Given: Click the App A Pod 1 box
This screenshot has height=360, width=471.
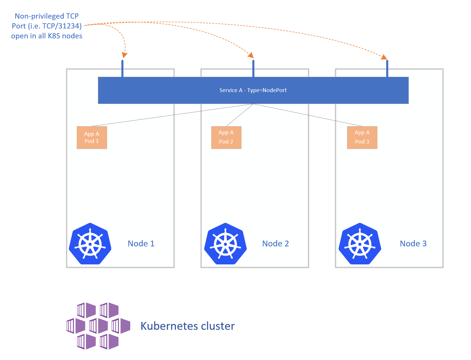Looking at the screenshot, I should pyautogui.click(x=92, y=137).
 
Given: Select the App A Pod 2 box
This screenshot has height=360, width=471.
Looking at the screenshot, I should pyautogui.click(x=226, y=137).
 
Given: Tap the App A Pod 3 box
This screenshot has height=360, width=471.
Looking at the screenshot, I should pyautogui.click(x=362, y=137).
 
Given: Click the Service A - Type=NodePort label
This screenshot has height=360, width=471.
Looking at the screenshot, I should pyautogui.click(x=253, y=90).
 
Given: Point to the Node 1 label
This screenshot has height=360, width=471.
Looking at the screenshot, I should pyautogui.click(x=141, y=243).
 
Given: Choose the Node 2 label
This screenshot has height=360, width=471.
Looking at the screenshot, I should pyautogui.click(x=276, y=243).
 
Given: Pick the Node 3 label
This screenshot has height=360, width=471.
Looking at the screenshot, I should pyautogui.click(x=413, y=243).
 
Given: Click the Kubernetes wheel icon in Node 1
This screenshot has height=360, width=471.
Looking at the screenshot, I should pyautogui.click(x=90, y=244).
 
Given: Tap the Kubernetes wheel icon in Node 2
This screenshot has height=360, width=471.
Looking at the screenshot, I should pyautogui.click(x=225, y=244).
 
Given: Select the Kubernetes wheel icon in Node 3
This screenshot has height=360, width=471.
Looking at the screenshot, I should pyautogui.click(x=360, y=244).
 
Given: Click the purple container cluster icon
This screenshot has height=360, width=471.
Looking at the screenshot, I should pyautogui.click(x=98, y=326).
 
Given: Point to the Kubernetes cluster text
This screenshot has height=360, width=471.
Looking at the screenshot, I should pyautogui.click(x=188, y=326).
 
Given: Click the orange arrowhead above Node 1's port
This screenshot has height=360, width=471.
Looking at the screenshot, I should pyautogui.click(x=124, y=55).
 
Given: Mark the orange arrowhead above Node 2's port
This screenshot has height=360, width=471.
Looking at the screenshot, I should pyautogui.click(x=251, y=55).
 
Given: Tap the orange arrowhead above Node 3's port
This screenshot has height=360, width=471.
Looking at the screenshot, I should pyautogui.click(x=384, y=57).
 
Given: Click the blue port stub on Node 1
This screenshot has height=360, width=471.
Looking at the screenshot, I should pyautogui.click(x=123, y=68).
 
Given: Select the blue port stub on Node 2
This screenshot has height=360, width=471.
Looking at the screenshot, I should pyautogui.click(x=254, y=68).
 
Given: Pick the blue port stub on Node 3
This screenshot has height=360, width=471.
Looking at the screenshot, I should pyautogui.click(x=387, y=68).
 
